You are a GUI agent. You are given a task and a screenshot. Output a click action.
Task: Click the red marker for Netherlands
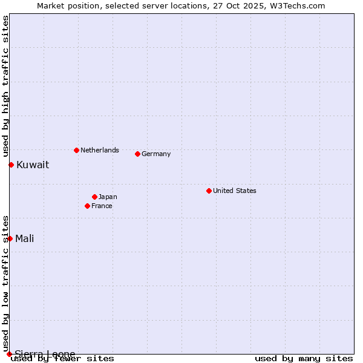(x=76, y=150)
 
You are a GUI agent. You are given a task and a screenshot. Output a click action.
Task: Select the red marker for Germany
(x=137, y=154)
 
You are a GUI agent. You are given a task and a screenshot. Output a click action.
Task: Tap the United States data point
(x=209, y=191)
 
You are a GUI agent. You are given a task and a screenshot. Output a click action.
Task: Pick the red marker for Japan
(x=94, y=197)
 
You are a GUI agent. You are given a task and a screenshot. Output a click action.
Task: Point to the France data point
(x=87, y=206)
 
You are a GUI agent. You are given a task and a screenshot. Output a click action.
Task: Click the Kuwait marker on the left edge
(x=11, y=165)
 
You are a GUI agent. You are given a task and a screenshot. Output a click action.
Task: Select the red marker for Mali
(x=10, y=238)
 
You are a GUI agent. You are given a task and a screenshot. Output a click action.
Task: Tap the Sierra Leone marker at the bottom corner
(x=9, y=354)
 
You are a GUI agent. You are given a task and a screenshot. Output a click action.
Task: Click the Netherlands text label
(x=100, y=150)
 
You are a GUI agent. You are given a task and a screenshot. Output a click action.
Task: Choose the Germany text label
(x=156, y=154)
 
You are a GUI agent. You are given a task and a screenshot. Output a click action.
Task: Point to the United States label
(x=235, y=191)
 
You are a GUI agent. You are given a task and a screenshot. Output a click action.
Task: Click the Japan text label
(x=108, y=197)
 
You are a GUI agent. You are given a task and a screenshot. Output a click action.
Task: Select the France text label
(x=102, y=206)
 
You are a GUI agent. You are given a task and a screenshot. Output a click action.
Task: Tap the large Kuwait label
(x=33, y=165)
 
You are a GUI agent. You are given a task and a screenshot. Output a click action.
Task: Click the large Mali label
(x=25, y=238)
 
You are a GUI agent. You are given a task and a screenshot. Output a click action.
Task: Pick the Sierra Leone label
(x=45, y=354)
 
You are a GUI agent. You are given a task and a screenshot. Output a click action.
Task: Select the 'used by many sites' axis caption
(x=304, y=359)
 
